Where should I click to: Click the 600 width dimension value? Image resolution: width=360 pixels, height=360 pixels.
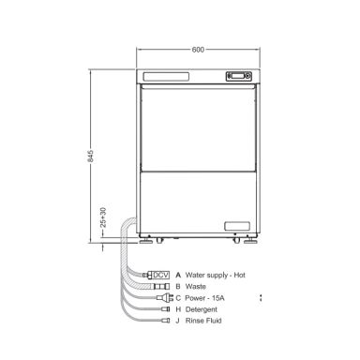(198, 50)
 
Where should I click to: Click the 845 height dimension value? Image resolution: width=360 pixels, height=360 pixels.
(90, 156)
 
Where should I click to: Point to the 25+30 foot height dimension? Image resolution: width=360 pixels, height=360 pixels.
(103, 217)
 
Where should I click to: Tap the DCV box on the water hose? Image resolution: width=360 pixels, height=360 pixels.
(161, 276)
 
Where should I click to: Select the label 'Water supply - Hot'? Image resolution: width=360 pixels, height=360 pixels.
(216, 276)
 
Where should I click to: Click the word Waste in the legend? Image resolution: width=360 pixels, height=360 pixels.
(196, 287)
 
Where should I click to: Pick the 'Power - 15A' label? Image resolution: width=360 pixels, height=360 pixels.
(204, 298)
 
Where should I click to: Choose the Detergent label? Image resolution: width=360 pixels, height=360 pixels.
(202, 309)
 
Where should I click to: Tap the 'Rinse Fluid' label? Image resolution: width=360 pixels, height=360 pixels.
(203, 321)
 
